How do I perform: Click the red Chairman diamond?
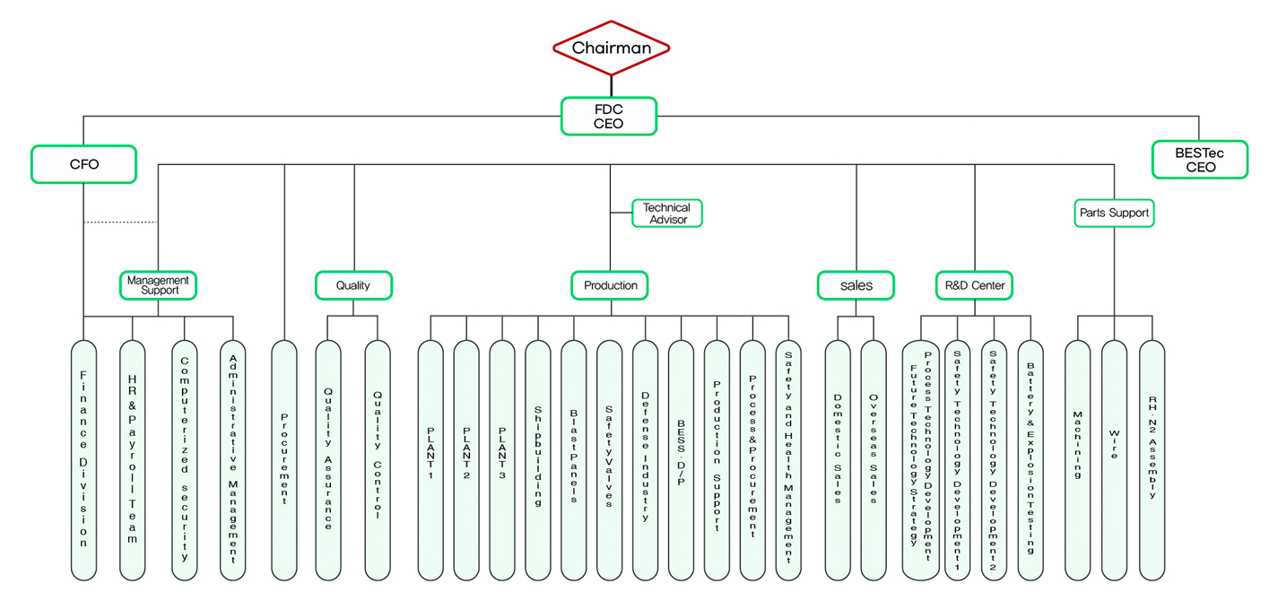pyautogui.click(x=611, y=48)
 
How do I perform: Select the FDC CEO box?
pyautogui.click(x=609, y=117)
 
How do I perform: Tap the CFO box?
pyautogui.click(x=83, y=164)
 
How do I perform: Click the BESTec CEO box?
pyautogui.click(x=1199, y=160)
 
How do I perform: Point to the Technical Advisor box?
pyautogui.click(x=666, y=213)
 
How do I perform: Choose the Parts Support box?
pyautogui.click(x=1114, y=213)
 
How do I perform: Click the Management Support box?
pyautogui.click(x=158, y=285)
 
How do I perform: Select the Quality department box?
pyautogui.click(x=353, y=285)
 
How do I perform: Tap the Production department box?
pyautogui.click(x=610, y=285)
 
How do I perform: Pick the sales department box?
pyautogui.click(x=856, y=285)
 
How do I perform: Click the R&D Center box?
pyautogui.click(x=974, y=285)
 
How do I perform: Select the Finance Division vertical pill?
pyautogui.click(x=83, y=459)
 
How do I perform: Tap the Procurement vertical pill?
pyautogui.click(x=284, y=459)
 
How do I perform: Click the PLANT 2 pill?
pyautogui.click(x=466, y=459)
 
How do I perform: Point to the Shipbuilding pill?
pyautogui.click(x=538, y=459)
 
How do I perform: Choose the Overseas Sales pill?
pyautogui.click(x=874, y=459)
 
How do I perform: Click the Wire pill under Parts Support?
pyautogui.click(x=1114, y=459)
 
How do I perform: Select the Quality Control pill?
pyautogui.click(x=378, y=459)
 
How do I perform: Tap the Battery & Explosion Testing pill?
pyautogui.click(x=1030, y=459)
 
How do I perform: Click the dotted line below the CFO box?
pyautogui.click(x=120, y=222)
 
